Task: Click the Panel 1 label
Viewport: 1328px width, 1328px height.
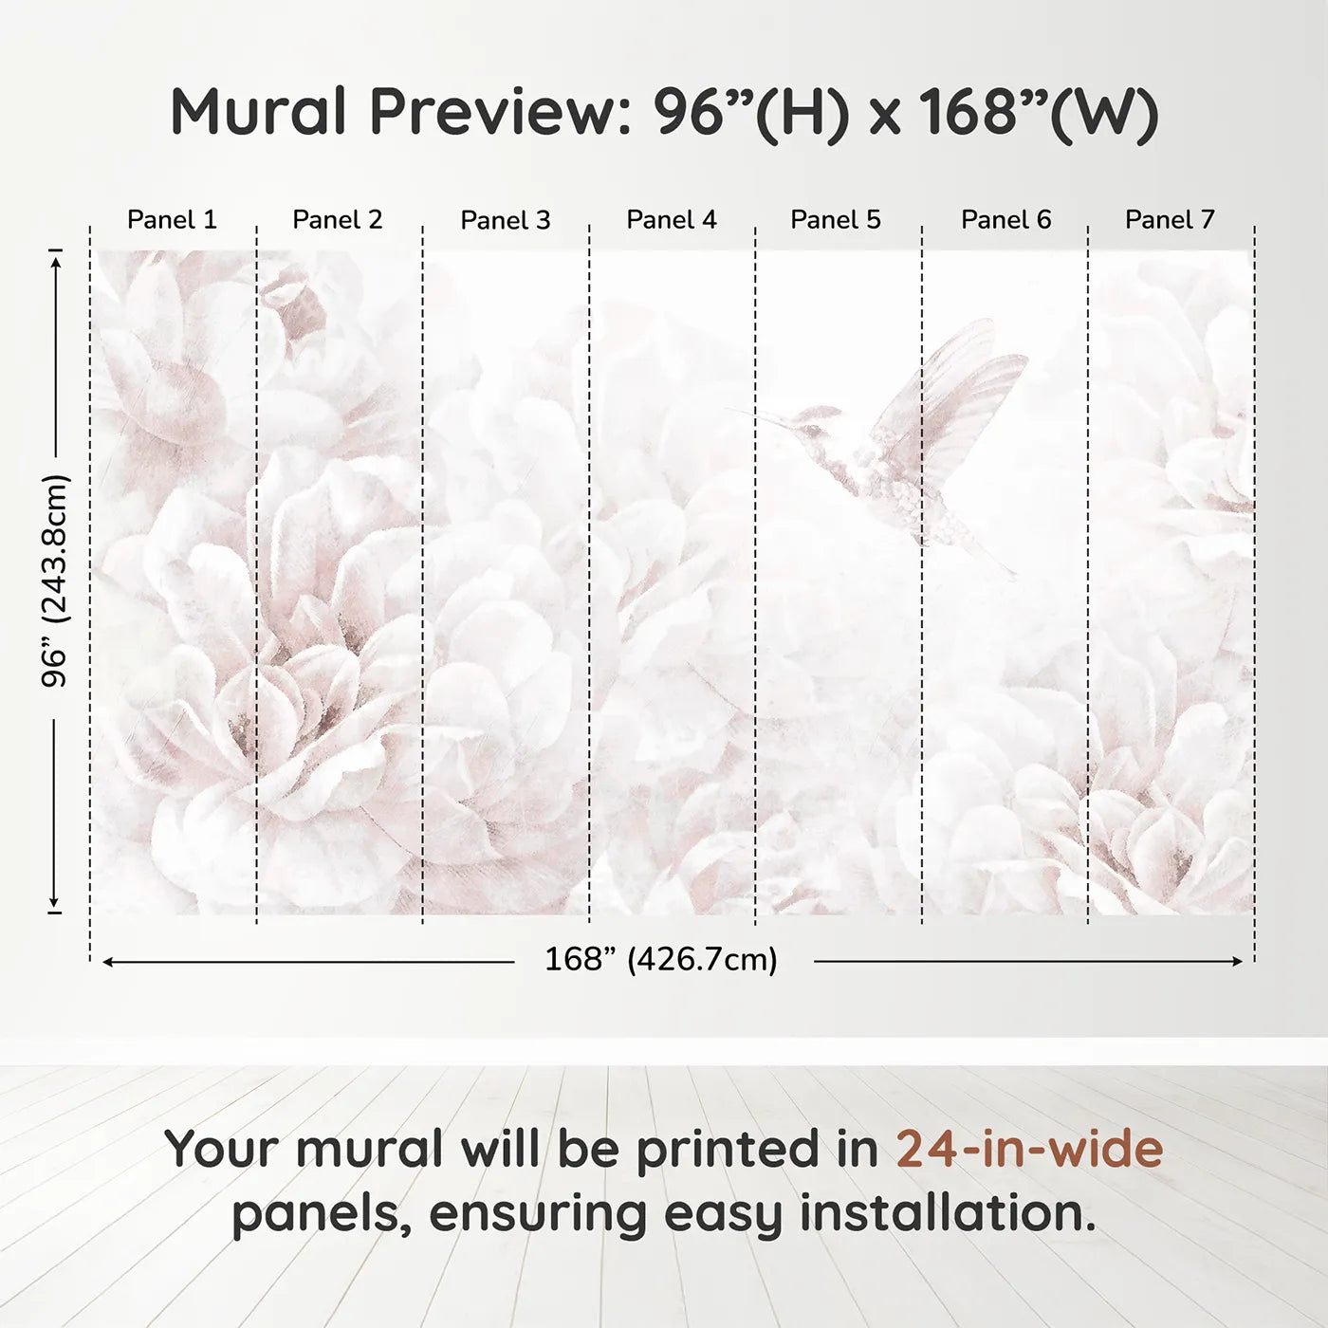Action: [172, 220]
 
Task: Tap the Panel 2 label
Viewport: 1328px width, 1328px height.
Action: [337, 220]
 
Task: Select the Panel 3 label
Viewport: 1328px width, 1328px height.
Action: [505, 220]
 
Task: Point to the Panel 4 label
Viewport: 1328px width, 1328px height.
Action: [671, 220]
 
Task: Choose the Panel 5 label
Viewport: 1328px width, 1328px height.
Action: [835, 220]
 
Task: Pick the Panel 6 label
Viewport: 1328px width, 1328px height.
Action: [1005, 220]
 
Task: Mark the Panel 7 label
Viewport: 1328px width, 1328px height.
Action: [1169, 220]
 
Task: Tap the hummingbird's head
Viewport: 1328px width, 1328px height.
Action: [816, 422]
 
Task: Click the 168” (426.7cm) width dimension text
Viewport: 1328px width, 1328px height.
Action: [660, 960]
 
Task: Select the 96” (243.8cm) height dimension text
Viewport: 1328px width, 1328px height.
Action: [55, 581]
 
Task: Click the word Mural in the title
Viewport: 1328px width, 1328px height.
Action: [258, 112]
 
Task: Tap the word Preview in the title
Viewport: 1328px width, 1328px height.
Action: [493, 112]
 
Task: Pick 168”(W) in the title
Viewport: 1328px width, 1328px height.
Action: [1038, 112]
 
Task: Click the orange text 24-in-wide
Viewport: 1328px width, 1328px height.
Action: [1029, 1149]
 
